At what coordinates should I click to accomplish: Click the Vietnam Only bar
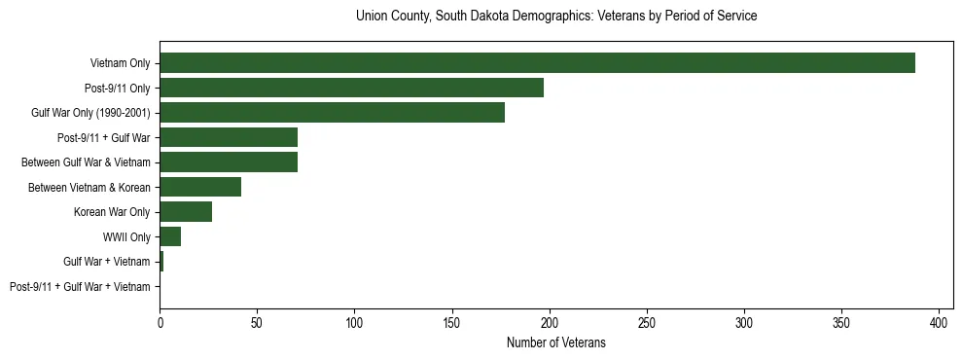pos(537,63)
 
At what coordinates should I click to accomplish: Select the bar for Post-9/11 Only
pos(351,88)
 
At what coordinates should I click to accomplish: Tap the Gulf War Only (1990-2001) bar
pos(332,113)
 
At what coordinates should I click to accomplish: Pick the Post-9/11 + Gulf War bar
pos(229,137)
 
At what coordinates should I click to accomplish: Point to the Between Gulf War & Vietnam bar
pos(229,162)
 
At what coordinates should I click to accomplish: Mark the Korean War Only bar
pos(186,212)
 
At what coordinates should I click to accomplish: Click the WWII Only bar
pos(170,236)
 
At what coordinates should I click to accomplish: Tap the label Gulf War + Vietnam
pos(107,262)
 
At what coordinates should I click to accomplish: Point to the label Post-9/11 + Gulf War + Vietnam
pos(80,287)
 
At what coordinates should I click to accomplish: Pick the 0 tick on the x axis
pos(160,322)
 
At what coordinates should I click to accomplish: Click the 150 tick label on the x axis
pos(452,322)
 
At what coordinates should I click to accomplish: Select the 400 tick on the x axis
pos(940,322)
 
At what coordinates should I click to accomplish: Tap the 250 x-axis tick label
pos(647,322)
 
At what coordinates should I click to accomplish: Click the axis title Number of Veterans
pos(555,342)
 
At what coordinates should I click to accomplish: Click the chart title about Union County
pos(556,17)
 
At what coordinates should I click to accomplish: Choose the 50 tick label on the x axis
pos(257,322)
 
